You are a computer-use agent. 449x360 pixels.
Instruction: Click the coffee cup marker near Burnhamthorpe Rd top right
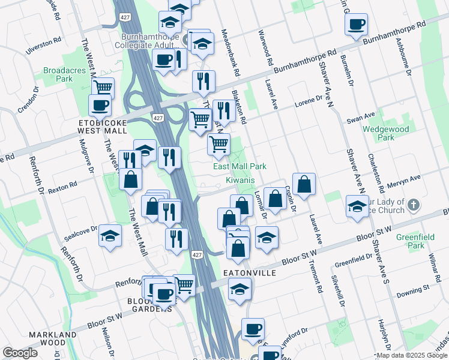click(x=356, y=25)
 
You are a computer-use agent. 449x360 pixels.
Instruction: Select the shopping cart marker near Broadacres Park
click(x=103, y=88)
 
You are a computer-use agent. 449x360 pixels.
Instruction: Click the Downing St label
click(x=414, y=290)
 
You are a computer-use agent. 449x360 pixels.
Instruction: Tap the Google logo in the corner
click(x=20, y=353)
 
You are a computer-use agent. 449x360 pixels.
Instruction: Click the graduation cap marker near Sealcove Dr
click(x=110, y=236)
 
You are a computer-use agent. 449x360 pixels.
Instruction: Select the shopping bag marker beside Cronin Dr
click(x=304, y=185)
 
